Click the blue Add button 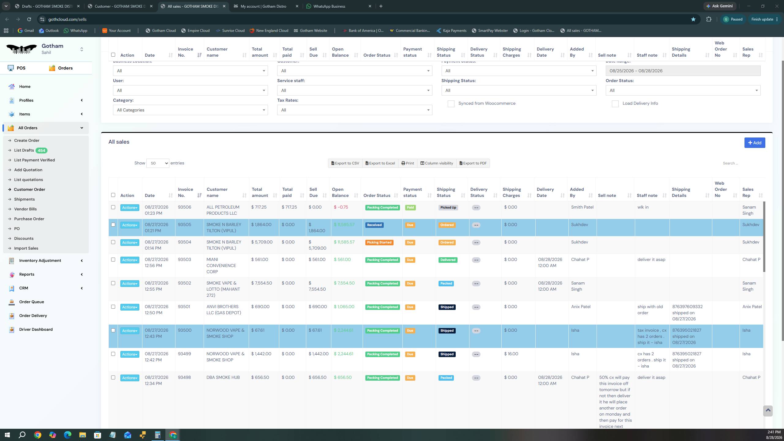755,143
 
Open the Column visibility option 437,163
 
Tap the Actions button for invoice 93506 130,208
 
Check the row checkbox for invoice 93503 113,260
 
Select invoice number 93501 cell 184,307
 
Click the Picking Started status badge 379,243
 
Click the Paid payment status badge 410,208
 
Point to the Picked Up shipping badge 448,208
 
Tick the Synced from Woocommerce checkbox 451,104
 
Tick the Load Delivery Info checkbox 615,104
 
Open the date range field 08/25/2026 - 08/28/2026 683,71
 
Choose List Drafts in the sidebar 24,150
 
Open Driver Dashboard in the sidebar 36,330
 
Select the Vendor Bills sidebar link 25,209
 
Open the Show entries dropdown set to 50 158,163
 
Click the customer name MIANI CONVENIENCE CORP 221,266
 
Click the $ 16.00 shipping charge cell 511,354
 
